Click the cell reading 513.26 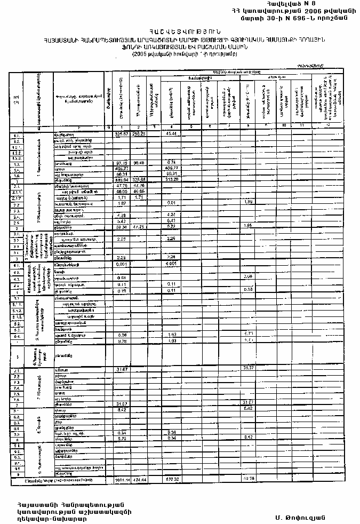(172, 180)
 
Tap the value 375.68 (139, 180)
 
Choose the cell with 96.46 (139, 162)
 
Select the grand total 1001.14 (123, 480)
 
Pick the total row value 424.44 (139, 480)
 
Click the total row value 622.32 (172, 480)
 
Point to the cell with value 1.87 (122, 203)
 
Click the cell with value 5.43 (122, 220)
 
